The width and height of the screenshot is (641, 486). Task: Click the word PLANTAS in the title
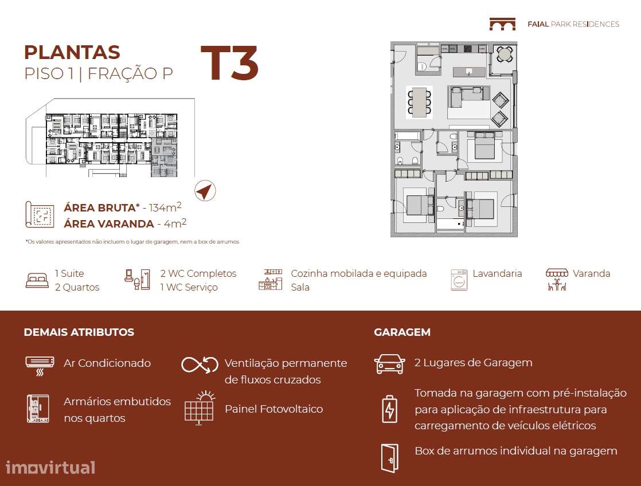[72, 52]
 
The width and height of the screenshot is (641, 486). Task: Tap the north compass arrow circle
[205, 191]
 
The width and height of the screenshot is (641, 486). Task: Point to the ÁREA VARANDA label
[109, 224]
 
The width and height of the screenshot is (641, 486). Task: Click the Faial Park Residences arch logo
[502, 24]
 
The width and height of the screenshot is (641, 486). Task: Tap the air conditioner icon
[40, 364]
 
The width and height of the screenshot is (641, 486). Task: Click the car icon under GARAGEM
[389, 364]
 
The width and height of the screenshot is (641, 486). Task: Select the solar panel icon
[199, 408]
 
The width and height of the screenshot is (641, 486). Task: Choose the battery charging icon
[389, 409]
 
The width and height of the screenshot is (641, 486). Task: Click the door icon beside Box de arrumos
[389, 458]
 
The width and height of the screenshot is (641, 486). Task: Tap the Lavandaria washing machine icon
[459, 280]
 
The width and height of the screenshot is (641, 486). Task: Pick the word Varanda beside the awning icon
[591, 273]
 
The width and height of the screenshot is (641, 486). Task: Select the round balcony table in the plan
[505, 54]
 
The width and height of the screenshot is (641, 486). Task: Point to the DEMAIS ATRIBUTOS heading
[79, 332]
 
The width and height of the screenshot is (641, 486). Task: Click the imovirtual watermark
[50, 467]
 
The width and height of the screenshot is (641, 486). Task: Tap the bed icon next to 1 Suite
[37, 280]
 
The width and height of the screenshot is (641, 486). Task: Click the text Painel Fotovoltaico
[273, 409]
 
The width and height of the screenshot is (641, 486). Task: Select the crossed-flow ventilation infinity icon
[200, 364]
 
